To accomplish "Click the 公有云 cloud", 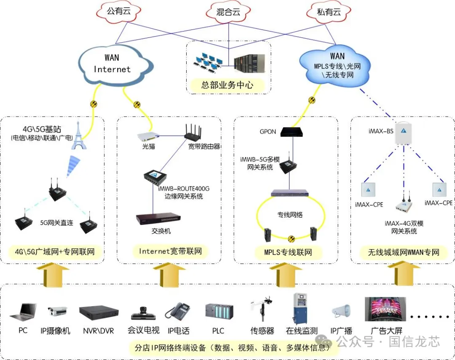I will point(118,11).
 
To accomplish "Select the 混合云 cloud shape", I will point(228,12).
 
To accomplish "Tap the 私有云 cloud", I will point(329,11).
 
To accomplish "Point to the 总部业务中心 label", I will point(227,85).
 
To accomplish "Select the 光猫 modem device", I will point(148,136).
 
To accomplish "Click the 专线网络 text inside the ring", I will point(290,215).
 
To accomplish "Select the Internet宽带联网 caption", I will point(170,252).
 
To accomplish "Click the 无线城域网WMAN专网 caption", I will point(404,253).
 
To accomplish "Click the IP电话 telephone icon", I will point(177,312).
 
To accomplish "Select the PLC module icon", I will point(219,312).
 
